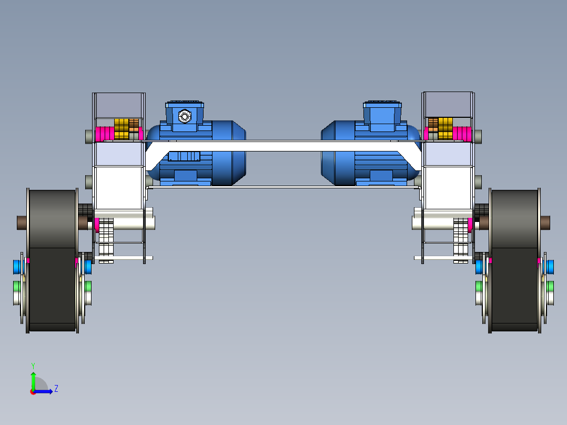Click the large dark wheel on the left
tap(52, 260)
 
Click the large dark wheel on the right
tap(514, 260)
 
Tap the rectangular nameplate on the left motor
tap(184, 156)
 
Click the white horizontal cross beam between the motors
tap(284, 146)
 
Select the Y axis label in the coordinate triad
tap(33, 365)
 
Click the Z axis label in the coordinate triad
tap(56, 389)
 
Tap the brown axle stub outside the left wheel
tap(22, 222)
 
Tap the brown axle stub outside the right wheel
tap(545, 222)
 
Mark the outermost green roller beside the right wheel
tap(551, 287)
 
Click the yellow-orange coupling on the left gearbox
tap(121, 129)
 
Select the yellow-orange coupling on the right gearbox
tap(445, 129)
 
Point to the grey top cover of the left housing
tap(118, 105)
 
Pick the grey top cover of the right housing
tap(448, 104)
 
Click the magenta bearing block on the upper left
tap(104, 134)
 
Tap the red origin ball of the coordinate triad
tap(33, 392)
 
